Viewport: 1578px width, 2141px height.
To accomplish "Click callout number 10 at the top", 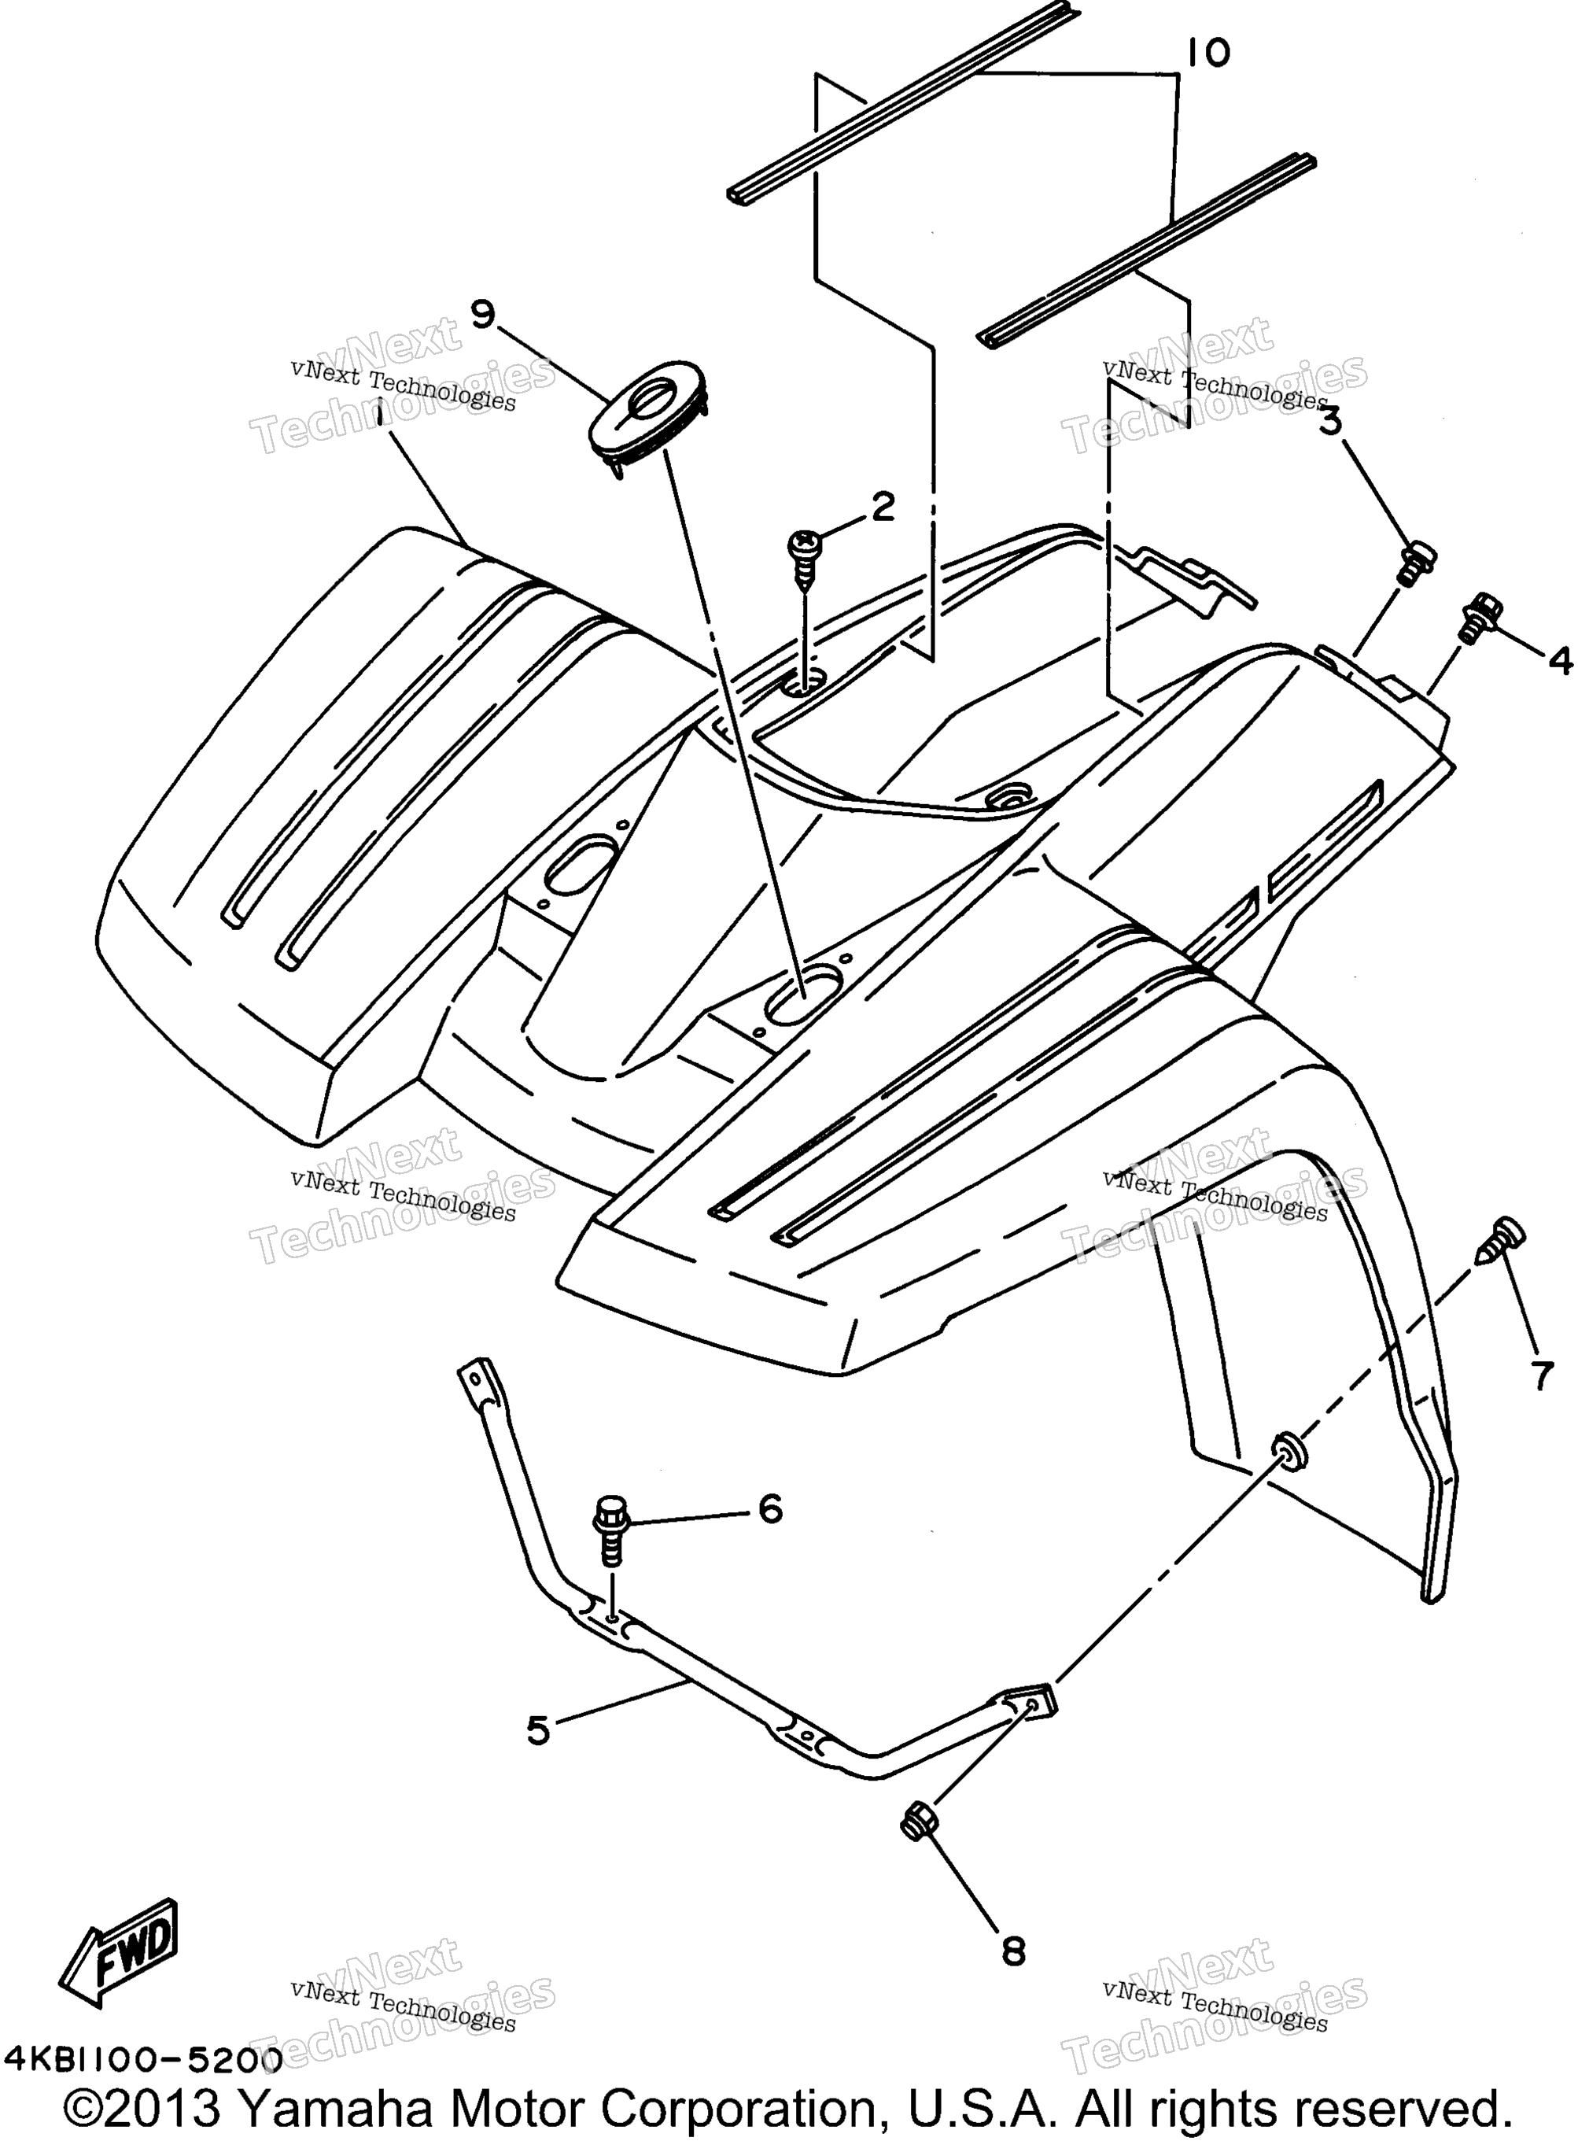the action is (1208, 54).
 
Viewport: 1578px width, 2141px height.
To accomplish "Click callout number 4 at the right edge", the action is (1559, 660).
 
